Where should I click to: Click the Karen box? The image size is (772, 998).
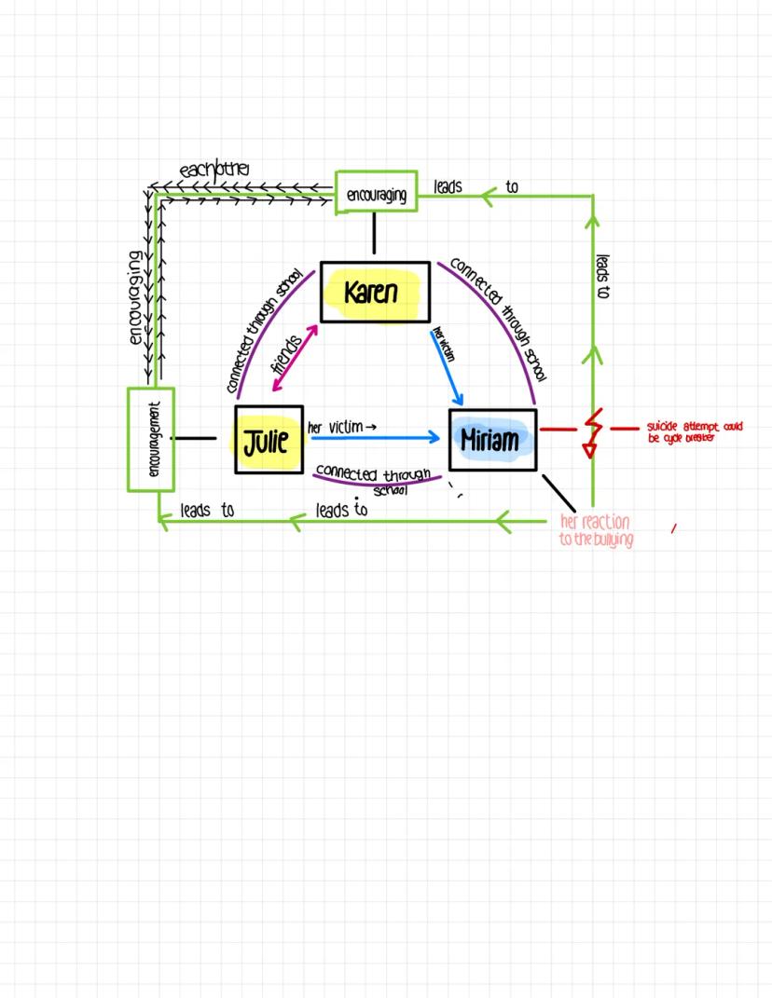coord(375,293)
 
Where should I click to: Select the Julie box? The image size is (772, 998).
coord(269,440)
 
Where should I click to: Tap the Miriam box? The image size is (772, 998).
coord(492,439)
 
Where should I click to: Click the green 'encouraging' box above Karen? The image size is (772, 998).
coord(376,193)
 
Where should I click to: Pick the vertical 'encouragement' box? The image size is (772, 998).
coord(151,439)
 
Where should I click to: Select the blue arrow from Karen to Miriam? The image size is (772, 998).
coord(448,363)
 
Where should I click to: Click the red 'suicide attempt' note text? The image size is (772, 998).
coord(695,432)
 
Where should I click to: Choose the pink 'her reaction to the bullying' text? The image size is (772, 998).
coord(596,530)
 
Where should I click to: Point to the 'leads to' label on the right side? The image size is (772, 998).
coord(602,276)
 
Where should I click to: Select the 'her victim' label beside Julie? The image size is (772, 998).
coord(341,427)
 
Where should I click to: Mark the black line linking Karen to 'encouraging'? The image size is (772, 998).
coord(374,233)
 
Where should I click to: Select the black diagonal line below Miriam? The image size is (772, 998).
coord(558,493)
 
